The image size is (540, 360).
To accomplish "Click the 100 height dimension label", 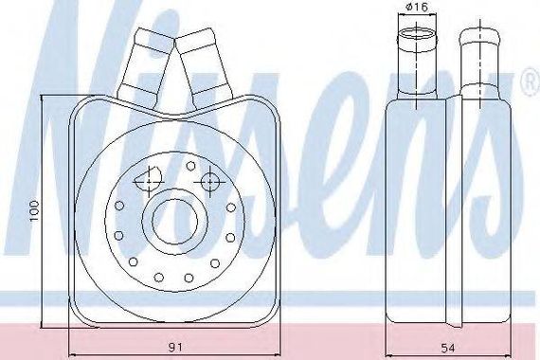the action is (x=35, y=210).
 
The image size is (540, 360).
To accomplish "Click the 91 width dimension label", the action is (x=175, y=348).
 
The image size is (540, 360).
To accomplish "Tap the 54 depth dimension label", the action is (x=448, y=348).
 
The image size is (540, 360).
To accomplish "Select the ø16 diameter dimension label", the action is (x=416, y=7).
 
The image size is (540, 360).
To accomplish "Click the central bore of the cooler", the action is (x=175, y=221).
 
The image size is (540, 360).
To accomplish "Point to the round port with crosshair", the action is (x=208, y=182).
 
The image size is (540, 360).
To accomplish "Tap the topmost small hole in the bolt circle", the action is (x=190, y=166).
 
